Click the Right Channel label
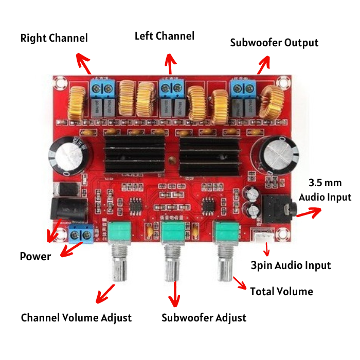(54, 38)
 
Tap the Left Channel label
(165, 36)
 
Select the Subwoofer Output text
(274, 43)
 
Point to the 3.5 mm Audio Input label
(325, 190)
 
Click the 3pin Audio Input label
(291, 265)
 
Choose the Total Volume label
(281, 292)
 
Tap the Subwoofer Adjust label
(204, 317)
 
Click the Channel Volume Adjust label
(76, 318)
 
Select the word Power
(35, 256)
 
